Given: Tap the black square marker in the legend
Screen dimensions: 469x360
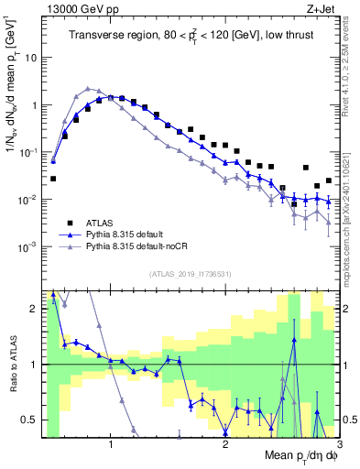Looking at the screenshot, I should pos(70,222).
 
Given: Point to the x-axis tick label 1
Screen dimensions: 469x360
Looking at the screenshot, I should pos(111,445).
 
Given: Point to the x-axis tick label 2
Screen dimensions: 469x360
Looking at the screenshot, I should pos(225,445).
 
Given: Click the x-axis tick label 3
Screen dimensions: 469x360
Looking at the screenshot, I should pos(339,445).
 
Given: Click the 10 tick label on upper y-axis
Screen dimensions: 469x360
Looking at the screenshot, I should pos(30,57).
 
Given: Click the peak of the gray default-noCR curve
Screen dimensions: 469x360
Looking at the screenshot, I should pos(87,89).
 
